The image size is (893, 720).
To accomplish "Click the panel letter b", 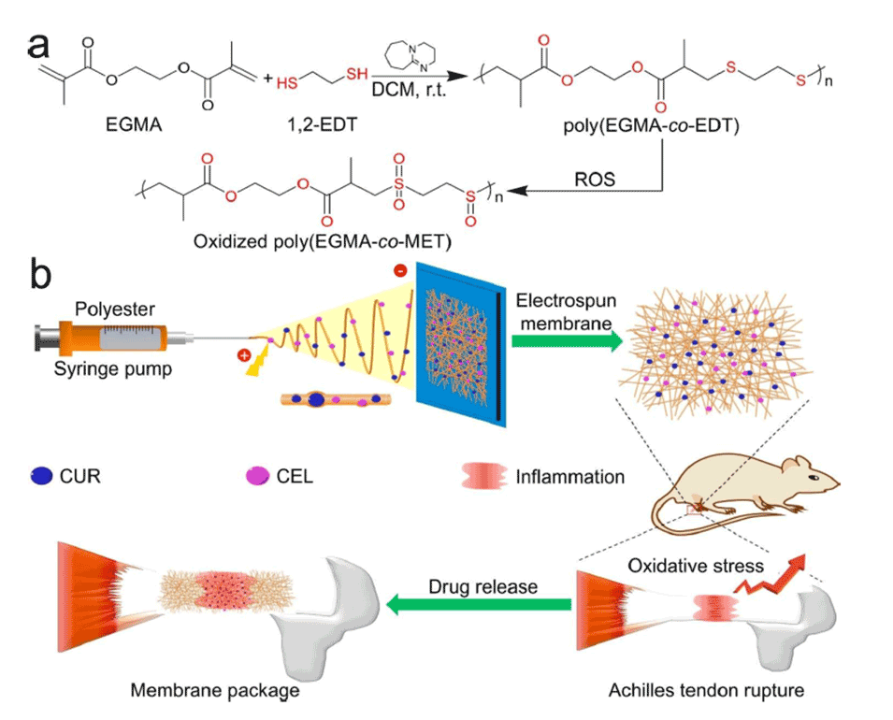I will point(45,274).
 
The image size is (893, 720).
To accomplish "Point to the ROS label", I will point(596,179).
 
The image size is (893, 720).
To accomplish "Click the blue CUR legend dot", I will point(42,477).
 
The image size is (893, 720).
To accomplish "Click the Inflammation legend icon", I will point(483,477).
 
